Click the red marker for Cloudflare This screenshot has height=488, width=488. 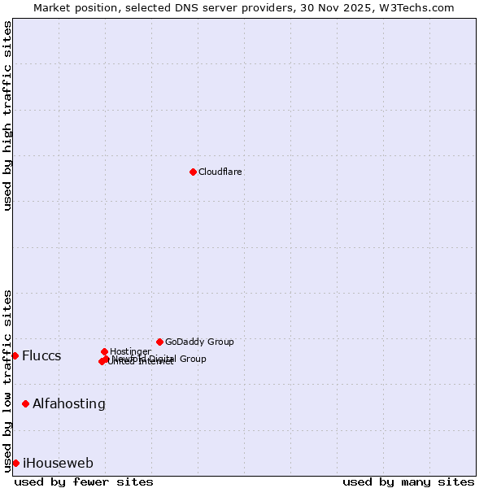point(193,172)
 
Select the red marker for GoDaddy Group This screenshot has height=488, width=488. point(159,342)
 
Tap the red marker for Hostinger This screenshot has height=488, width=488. point(104,351)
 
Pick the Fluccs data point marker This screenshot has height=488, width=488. point(15,355)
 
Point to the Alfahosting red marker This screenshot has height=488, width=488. point(25,403)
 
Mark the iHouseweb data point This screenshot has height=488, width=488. point(15,463)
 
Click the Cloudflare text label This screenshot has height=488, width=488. point(220,172)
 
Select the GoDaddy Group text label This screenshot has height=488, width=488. point(199,342)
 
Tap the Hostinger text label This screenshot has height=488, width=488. point(130,351)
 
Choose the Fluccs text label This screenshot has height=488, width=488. point(41,356)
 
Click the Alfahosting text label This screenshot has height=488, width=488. point(69,404)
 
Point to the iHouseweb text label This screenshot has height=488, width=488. point(58,464)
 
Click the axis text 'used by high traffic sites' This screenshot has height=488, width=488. point(7,115)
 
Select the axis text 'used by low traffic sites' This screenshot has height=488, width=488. point(7,380)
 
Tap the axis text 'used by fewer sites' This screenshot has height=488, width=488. point(84,481)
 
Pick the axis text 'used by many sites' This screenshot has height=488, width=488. point(408,481)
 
